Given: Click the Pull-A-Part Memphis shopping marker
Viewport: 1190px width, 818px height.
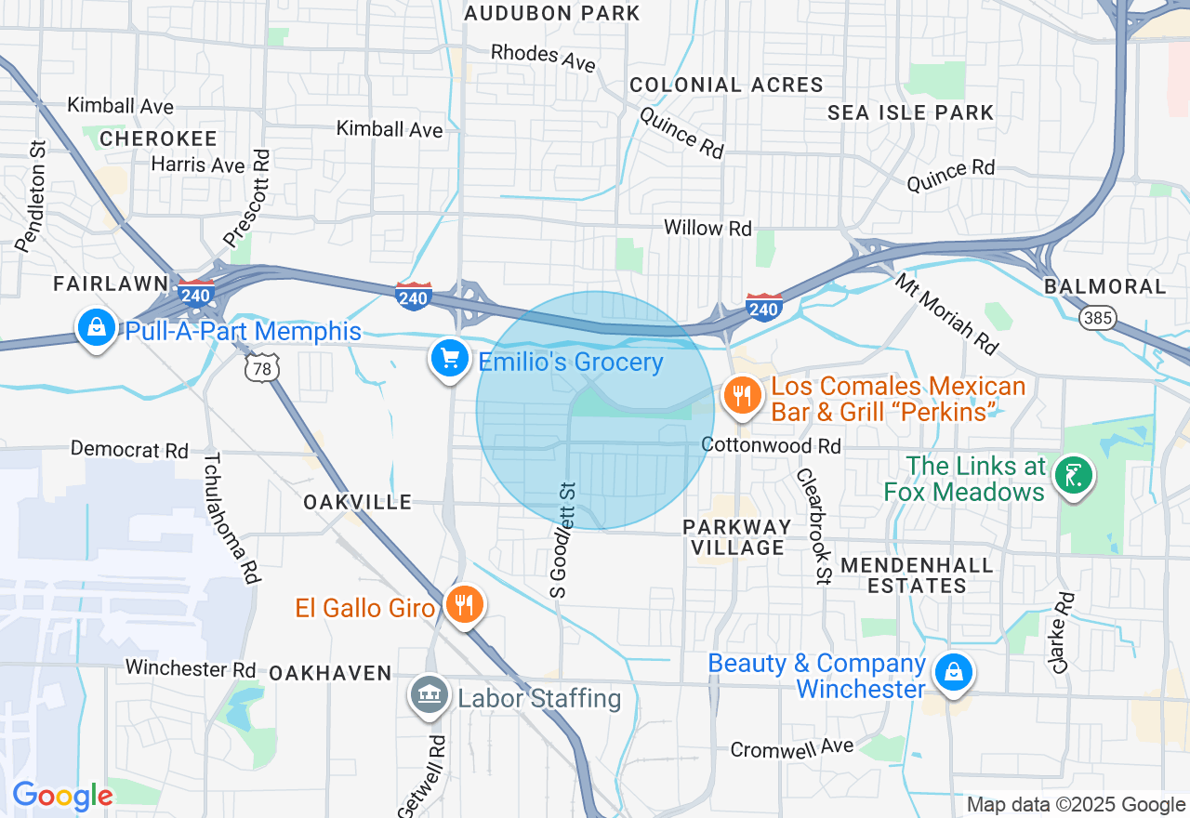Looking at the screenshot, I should click(95, 326).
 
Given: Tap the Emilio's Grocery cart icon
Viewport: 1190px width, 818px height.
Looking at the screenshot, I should click(450, 358).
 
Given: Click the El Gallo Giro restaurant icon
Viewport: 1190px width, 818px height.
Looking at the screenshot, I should click(462, 605).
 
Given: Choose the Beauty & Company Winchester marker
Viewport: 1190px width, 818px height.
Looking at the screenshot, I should click(952, 672).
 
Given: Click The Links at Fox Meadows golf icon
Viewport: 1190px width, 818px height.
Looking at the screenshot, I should click(1074, 477).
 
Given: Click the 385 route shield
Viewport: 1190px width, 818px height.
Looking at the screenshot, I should click(1097, 318).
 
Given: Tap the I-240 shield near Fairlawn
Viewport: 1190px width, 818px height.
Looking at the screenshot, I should click(196, 294).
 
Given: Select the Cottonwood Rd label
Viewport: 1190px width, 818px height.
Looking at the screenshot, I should click(772, 446).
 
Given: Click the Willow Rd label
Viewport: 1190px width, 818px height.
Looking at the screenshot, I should click(707, 228).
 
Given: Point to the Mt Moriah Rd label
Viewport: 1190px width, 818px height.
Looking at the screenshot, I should click(946, 314).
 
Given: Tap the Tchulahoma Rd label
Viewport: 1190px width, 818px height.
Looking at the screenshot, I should click(230, 518).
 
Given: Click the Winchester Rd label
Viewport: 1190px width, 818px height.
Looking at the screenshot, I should click(191, 668).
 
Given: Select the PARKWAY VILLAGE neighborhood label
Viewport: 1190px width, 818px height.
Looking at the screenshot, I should click(737, 537).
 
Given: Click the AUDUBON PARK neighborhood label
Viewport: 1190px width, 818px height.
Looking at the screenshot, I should click(552, 13).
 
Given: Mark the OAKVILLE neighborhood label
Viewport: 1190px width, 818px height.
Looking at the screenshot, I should click(357, 502).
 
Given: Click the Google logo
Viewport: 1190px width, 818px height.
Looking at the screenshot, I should click(62, 796).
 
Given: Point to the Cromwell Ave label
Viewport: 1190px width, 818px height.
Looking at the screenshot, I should click(791, 747).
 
